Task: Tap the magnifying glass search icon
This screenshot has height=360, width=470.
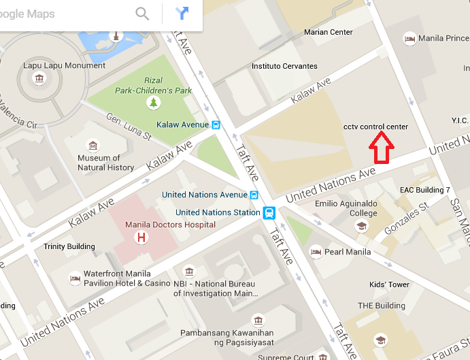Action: (x=142, y=13)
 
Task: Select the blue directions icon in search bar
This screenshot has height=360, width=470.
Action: (x=182, y=13)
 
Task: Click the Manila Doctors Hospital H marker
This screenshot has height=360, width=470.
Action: (x=141, y=238)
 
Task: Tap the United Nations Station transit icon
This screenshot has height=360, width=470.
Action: (x=269, y=212)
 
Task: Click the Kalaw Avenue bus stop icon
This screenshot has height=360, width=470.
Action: (x=216, y=125)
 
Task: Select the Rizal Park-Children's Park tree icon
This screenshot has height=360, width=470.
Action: (x=154, y=103)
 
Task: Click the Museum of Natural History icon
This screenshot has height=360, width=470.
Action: (x=93, y=146)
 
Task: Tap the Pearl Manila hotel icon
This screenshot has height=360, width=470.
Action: (x=316, y=252)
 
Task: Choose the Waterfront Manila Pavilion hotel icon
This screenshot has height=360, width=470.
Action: (x=74, y=278)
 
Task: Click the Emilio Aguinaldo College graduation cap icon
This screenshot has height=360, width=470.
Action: (x=363, y=226)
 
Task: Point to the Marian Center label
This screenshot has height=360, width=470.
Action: (x=329, y=32)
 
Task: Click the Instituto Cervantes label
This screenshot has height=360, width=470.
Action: (x=284, y=66)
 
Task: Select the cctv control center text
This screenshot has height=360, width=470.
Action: (x=375, y=127)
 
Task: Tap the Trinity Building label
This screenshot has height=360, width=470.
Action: (x=69, y=246)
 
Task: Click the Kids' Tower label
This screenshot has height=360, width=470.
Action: (x=389, y=284)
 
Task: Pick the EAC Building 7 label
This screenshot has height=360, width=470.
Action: (x=424, y=190)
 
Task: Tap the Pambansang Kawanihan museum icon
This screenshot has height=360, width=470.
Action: (x=258, y=319)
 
